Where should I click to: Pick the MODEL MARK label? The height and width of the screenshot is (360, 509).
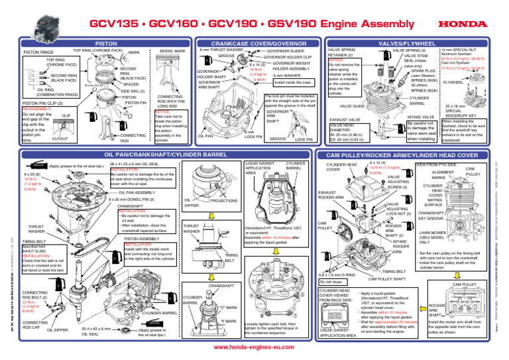(173, 51)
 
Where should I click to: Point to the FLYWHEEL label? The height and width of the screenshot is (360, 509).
(471, 83)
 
